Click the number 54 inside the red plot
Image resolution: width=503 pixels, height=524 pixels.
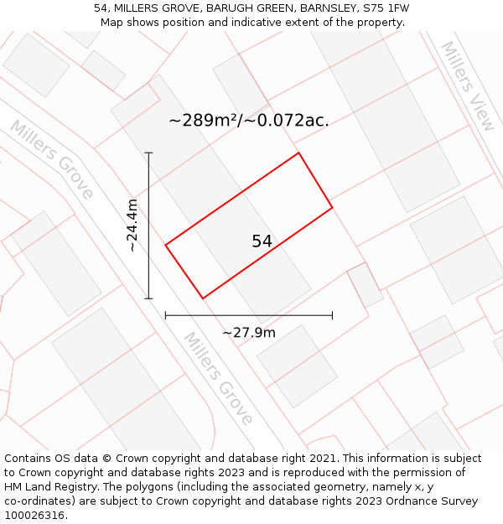[262, 241]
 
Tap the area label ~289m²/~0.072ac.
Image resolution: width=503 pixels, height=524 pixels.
[248, 121]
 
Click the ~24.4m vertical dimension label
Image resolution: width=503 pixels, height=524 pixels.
[133, 226]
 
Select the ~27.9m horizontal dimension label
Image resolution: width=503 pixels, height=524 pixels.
[249, 332]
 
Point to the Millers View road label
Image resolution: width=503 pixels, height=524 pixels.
[468, 86]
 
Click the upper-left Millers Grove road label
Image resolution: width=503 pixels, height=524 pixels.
[52, 159]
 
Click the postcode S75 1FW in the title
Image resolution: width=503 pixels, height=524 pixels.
[381, 8]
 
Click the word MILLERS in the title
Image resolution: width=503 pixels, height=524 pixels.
[138, 8]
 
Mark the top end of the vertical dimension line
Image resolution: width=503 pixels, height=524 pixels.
[149, 153]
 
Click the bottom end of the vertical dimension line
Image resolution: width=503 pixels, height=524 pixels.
[149, 298]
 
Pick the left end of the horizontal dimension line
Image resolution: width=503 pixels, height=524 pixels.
[166, 315]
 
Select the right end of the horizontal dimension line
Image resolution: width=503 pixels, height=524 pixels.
[332, 315]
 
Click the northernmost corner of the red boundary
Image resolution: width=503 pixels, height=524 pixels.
[298, 153]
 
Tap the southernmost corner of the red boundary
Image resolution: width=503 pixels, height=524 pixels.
[203, 298]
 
